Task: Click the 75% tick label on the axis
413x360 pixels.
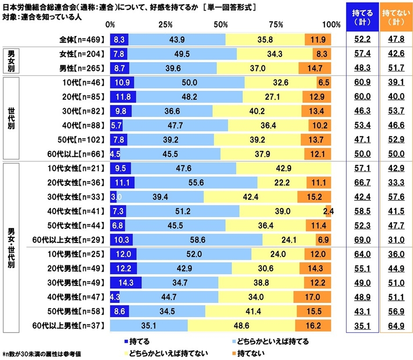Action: pos(275,24)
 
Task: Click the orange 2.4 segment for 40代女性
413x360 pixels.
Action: pos(329,211)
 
